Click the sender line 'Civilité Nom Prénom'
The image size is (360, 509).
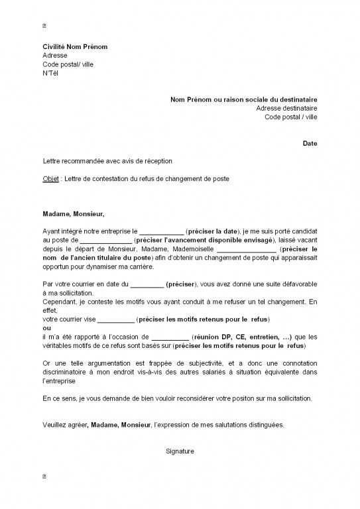tap(74, 48)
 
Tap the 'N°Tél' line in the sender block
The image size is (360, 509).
tap(50, 74)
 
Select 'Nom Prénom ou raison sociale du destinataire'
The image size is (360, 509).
tap(243, 99)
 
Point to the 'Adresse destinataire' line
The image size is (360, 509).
tap(286, 108)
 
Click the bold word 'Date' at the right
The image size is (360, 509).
tap(310, 142)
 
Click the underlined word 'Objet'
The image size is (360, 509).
tap(50, 179)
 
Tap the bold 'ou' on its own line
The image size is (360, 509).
tap(46, 327)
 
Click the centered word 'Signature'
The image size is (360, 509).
tap(180, 451)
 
